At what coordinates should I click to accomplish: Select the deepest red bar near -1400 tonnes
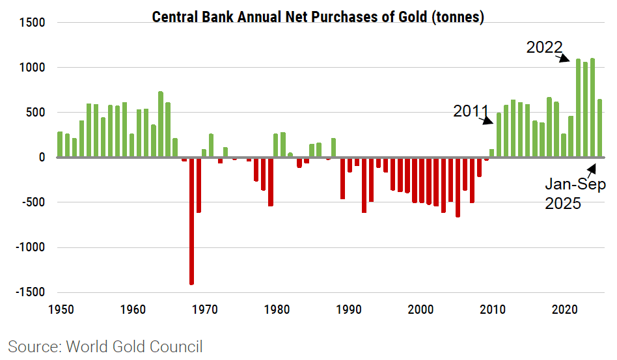pyautogui.click(x=191, y=221)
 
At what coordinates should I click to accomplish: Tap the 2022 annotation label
pyautogui.click(x=544, y=47)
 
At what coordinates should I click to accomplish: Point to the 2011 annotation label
pyautogui.click(x=471, y=111)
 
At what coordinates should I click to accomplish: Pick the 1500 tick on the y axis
pyautogui.click(x=32, y=23)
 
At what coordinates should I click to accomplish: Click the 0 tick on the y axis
pyautogui.click(x=41, y=158)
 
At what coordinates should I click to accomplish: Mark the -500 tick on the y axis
pyautogui.click(x=33, y=202)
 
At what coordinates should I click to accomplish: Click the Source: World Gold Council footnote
pyautogui.click(x=105, y=346)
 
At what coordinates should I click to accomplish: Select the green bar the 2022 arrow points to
pyautogui.click(x=578, y=108)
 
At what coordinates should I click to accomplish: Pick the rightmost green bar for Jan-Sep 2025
pyautogui.click(x=599, y=128)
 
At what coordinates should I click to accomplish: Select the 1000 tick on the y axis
pyautogui.click(x=32, y=68)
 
